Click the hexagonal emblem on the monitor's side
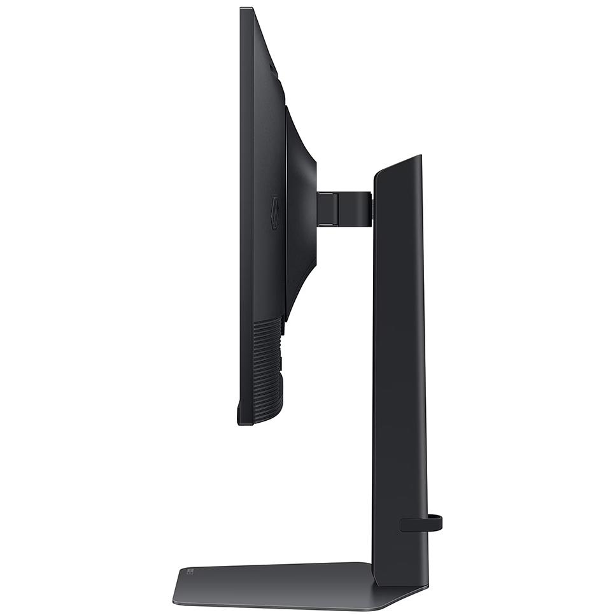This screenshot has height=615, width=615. [274, 213]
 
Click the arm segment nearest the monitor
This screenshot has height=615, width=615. [327, 209]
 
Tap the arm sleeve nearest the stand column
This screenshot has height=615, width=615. [357, 209]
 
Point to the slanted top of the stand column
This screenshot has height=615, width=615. [399, 164]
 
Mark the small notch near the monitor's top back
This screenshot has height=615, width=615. [272, 67]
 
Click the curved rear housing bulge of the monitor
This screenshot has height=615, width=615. [302, 210]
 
